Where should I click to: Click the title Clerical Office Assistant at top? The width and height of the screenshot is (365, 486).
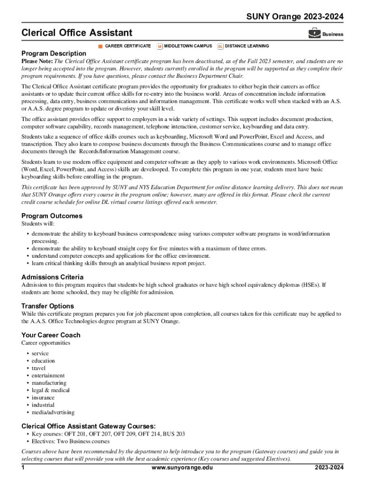tap(77, 33)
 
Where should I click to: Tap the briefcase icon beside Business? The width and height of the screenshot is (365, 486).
tap(314, 33)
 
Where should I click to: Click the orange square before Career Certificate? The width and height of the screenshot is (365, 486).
tap(100, 46)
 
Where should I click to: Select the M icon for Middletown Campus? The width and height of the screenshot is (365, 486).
tap(160, 46)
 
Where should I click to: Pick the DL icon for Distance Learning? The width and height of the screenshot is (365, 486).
tap(220, 46)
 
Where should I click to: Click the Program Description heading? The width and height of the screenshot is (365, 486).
tap(54, 54)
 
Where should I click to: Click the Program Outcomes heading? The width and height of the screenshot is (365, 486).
tap(52, 216)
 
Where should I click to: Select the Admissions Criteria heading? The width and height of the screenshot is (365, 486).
tap(52, 277)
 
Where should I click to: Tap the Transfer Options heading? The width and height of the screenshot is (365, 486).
tap(47, 306)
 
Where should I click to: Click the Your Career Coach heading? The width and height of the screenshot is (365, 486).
tap(51, 335)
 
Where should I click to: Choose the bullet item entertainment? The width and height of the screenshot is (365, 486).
tap(48, 375)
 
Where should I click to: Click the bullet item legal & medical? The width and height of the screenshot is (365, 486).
tap(51, 390)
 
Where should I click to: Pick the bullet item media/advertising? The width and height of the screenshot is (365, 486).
tap(53, 412)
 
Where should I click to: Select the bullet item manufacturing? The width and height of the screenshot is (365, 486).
tap(49, 383)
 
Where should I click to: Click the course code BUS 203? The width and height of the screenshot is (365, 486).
tap(173, 434)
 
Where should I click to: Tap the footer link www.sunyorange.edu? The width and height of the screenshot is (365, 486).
tap(182, 468)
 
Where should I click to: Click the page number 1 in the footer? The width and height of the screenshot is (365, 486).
tap(23, 468)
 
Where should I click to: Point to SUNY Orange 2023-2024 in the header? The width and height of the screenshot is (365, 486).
tap(294, 17)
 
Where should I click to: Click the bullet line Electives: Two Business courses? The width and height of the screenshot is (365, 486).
tap(71, 441)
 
